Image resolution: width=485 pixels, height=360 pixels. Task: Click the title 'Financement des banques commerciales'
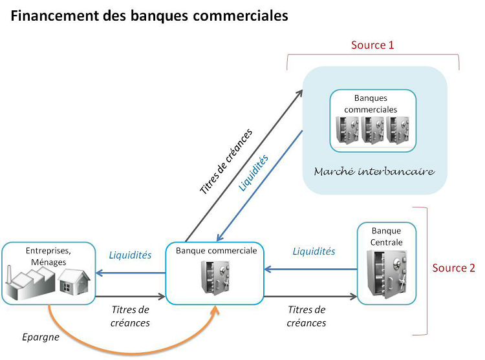click(149, 16)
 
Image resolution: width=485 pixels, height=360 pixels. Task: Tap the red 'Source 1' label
click(372, 45)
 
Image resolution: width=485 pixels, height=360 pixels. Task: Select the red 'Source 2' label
click(453, 268)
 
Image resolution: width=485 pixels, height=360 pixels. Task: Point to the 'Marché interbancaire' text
click(374, 172)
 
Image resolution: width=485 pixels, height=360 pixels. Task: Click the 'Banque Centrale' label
click(387, 236)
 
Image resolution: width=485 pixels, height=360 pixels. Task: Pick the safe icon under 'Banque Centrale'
click(387, 272)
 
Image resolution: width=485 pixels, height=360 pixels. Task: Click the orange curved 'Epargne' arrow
click(129, 350)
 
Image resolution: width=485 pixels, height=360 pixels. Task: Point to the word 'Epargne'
click(40, 337)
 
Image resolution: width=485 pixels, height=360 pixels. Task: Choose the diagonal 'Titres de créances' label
click(226, 162)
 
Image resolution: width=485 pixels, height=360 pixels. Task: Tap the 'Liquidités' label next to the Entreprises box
click(130, 255)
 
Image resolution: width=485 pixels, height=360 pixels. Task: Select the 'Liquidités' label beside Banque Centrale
click(314, 251)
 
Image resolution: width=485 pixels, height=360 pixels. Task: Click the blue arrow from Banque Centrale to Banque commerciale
click(310, 270)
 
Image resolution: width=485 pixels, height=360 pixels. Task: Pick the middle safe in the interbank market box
click(373, 130)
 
